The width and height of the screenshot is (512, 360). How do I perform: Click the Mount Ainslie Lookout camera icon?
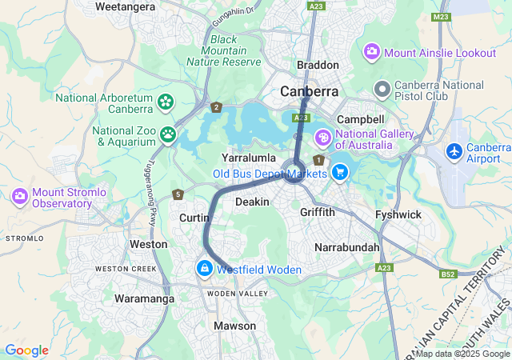coord(372,53)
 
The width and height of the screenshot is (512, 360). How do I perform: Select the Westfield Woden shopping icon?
coord(205,270)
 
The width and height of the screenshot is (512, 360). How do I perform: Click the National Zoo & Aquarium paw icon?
coord(168,134)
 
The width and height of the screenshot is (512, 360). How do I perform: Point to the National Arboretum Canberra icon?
coord(165,102)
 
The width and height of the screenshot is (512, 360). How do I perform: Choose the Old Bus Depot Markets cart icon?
coord(339,171)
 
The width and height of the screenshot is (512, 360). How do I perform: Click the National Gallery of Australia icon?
coord(323,138)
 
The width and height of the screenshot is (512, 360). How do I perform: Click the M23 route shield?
coord(440,16)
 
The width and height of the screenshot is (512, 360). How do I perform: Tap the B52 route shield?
coord(449,274)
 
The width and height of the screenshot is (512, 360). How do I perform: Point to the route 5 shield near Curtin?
coord(178,194)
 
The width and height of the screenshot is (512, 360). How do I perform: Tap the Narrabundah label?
coord(347,247)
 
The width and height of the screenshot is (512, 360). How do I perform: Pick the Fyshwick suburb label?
coord(398,214)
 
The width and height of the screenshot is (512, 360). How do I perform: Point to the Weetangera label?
coord(125,6)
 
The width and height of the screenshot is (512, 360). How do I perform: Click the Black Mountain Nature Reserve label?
coord(223,50)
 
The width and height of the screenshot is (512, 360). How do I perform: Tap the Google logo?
coord(26,350)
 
